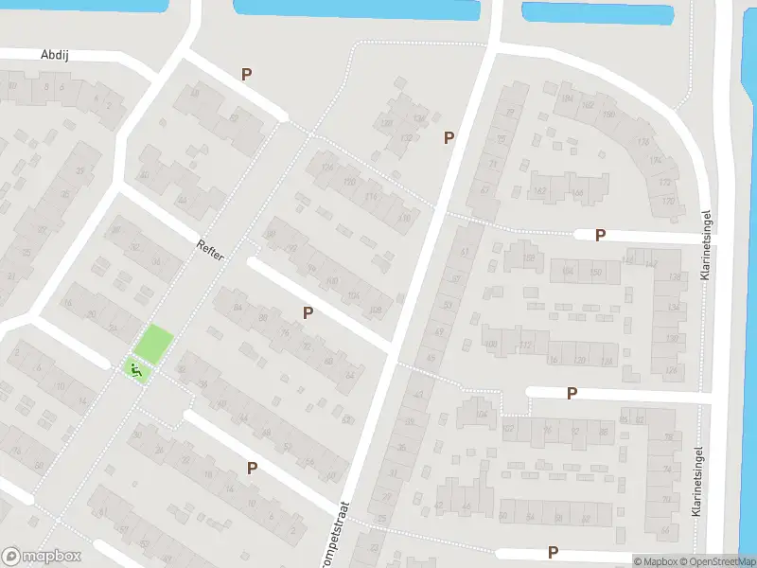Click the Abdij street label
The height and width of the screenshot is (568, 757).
[x=56, y=55]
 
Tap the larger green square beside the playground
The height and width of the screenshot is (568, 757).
[x=153, y=343]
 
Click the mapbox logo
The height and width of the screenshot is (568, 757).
[x=42, y=557]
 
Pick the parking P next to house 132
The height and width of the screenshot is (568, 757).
[x=449, y=138]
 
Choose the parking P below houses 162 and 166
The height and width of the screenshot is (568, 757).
[x=600, y=236]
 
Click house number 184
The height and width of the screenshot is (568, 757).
[x=568, y=98]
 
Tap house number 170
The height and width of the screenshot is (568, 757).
[x=668, y=201]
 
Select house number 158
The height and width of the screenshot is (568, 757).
[x=528, y=257]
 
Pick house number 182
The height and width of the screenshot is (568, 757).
[x=589, y=105]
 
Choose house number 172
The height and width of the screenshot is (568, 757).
[x=665, y=182]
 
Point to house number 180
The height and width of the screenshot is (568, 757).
[x=608, y=115]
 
